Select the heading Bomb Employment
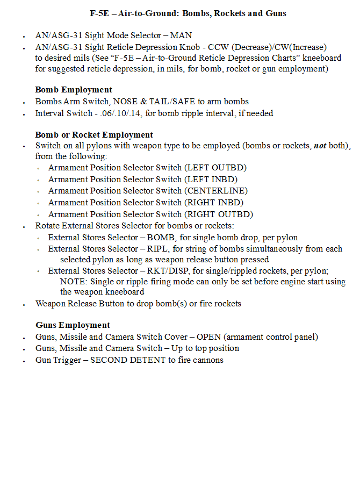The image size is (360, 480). click(74, 90)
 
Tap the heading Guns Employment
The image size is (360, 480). click(73, 325)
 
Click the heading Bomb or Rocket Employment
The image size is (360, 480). click(94, 135)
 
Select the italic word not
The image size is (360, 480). click(320, 146)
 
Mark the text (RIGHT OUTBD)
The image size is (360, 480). click(219, 214)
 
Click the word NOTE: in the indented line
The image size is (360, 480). click(74, 282)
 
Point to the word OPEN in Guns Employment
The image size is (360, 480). click(208, 337)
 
